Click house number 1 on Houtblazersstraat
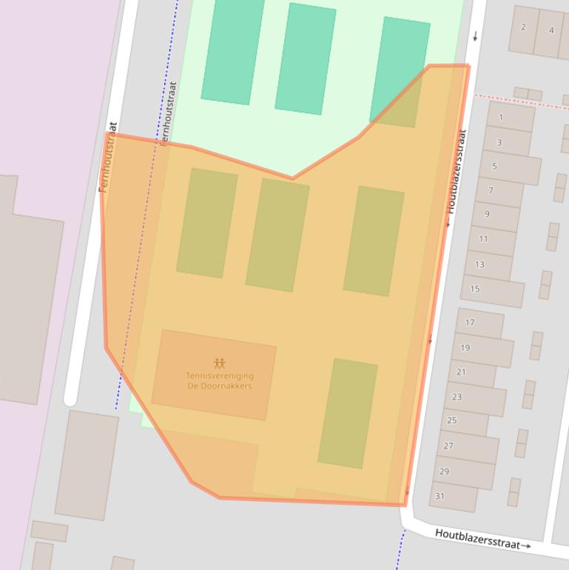pos(501,117)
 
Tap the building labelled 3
pos(499,142)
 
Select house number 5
pos(495,166)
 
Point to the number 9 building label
pos(487,214)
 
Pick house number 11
pos(483,239)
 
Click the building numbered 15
pos(475,289)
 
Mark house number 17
pos(470,323)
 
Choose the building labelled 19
pos(465,348)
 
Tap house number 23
pos(457,397)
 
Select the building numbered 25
pos(452,420)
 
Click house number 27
pos(448,446)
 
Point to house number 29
pos(444,471)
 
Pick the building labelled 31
pos(440,496)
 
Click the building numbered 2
pos(523,27)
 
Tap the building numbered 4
pos(551,30)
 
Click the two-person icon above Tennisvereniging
pos(219,363)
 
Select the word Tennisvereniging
pos(220,376)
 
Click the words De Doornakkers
pos(220,386)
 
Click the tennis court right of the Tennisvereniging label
pos(348,413)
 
